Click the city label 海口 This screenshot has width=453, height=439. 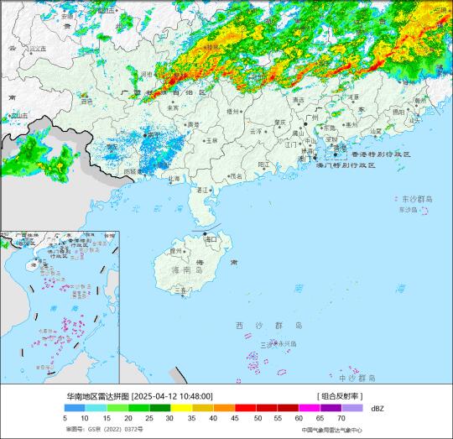pos(211,239)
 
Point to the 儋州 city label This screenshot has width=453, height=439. pos(175,250)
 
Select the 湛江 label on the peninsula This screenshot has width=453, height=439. pos(201,191)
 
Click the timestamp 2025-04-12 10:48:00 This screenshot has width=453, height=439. pos(171,396)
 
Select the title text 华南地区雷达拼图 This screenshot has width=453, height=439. pos(97,396)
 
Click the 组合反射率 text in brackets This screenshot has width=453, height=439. pos(339,396)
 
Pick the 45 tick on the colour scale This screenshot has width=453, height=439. pos(234,417)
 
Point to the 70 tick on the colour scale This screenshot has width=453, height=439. pos(341,417)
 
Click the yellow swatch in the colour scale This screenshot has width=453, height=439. pos(181,407)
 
